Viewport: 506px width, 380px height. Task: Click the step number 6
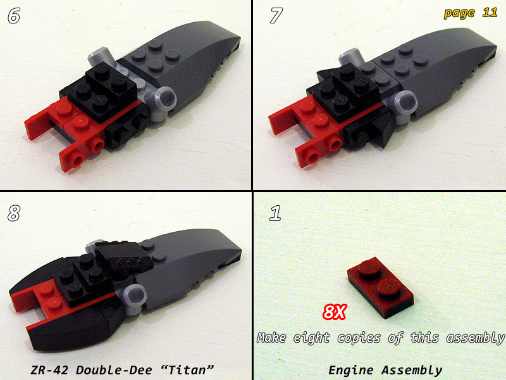coord(14,15)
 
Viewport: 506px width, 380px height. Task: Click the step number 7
coord(276,15)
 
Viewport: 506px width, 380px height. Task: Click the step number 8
coord(14,213)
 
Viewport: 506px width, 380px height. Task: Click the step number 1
coord(275,213)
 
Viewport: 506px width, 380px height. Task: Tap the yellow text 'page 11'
coord(471,13)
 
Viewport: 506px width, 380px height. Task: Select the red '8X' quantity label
coord(335,312)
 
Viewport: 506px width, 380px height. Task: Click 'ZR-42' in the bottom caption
coord(49,370)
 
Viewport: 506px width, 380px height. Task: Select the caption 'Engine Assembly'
coord(385,370)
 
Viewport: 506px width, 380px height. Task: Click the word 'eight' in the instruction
coord(311,338)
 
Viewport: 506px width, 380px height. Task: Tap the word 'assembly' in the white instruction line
coord(475,338)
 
